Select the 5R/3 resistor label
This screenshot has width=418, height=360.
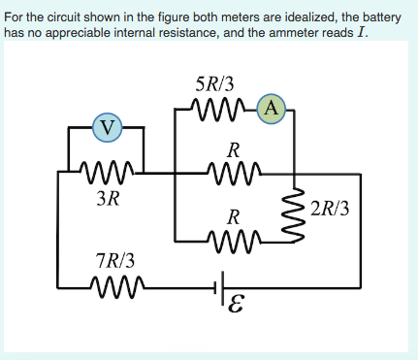[214, 85]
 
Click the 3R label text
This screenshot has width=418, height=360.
[109, 200]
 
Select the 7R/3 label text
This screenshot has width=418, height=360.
[115, 260]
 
